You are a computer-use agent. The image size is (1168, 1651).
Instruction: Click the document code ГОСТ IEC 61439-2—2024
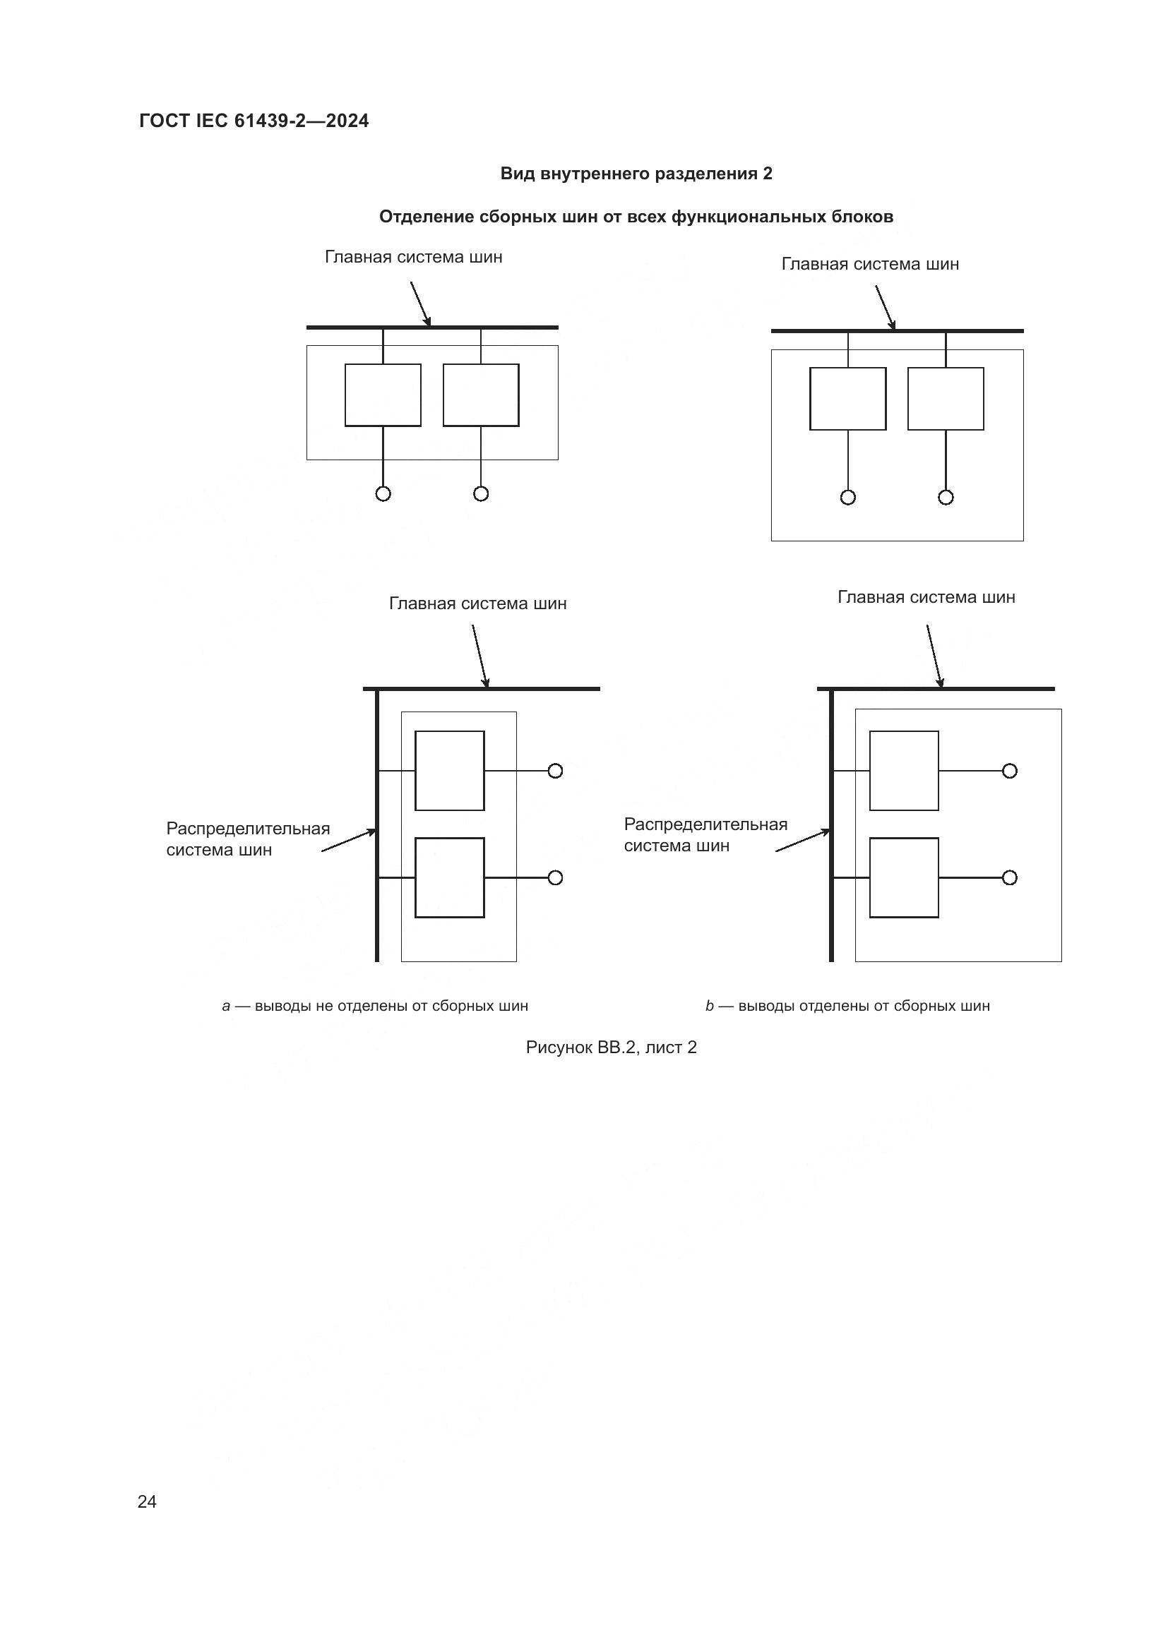point(254,121)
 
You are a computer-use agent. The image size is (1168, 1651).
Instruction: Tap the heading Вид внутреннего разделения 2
point(636,174)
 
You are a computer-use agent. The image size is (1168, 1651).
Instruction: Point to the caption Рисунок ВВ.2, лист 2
point(612,1047)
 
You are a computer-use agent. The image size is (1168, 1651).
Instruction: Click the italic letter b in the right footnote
point(710,1006)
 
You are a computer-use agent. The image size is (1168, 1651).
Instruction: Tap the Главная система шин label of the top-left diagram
point(414,257)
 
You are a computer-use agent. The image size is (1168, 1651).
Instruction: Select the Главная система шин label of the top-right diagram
point(870,264)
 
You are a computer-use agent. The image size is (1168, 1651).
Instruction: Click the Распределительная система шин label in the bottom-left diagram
point(248,839)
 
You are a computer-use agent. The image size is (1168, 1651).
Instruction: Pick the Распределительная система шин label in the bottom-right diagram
point(705,835)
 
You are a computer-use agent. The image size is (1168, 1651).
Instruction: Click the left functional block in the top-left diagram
point(383,395)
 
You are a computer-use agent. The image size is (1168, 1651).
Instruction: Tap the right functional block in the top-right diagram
point(946,399)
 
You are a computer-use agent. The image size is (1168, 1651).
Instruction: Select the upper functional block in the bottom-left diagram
point(450,771)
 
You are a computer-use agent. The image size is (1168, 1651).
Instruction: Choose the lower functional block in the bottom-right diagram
point(904,877)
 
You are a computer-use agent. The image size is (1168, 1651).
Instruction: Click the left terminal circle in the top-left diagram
point(383,493)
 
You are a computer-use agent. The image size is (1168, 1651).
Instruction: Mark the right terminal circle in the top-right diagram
point(946,497)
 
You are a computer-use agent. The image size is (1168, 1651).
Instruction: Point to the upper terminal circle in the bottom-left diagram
point(555,771)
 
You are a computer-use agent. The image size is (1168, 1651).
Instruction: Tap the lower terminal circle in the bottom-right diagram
point(1010,877)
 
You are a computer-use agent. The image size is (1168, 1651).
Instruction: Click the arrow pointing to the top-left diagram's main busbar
point(421,304)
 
